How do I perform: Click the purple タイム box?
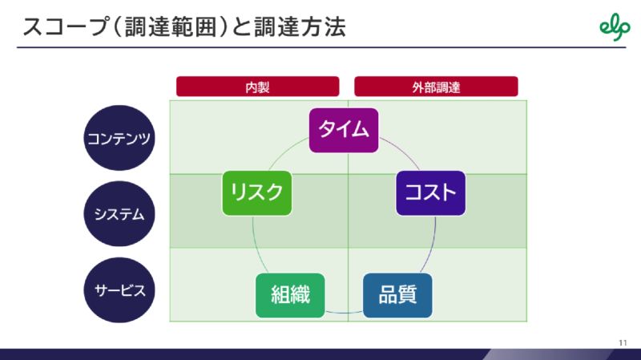(344, 130)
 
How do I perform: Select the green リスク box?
(256, 193)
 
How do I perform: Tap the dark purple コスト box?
(430, 193)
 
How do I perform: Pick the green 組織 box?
(290, 295)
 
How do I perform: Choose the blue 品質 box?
(397, 295)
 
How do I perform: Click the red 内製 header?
(257, 87)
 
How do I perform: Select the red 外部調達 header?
(436, 87)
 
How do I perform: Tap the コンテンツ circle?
(119, 138)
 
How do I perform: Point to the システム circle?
(119, 213)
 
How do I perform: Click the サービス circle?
(119, 290)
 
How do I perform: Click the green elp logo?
(615, 27)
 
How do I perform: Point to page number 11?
(623, 343)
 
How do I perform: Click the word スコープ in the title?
(66, 27)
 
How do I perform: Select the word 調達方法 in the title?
(300, 27)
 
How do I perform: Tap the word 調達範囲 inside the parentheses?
(170, 27)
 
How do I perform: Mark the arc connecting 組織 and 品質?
(344, 313)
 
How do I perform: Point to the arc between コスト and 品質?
(431, 245)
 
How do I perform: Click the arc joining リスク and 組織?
(256, 245)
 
